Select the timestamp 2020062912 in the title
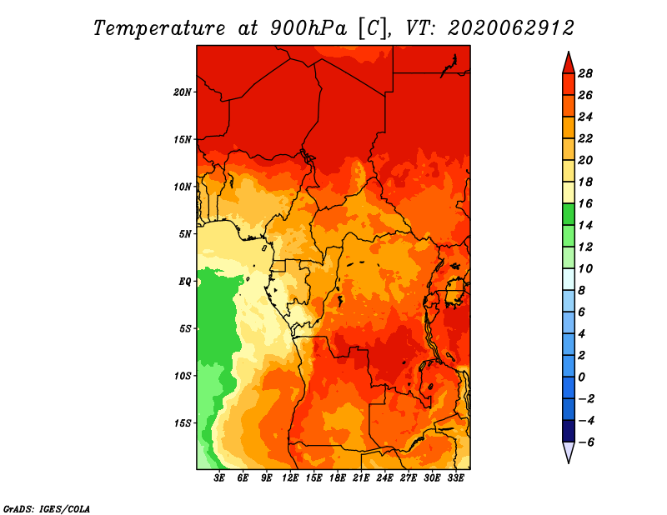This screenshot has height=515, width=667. click(511, 27)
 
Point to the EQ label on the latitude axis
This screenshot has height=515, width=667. click(185, 281)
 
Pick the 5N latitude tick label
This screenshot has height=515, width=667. click(186, 233)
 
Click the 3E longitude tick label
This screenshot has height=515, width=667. click(220, 478)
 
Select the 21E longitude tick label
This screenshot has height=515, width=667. click(362, 478)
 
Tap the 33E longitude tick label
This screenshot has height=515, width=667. click(456, 478)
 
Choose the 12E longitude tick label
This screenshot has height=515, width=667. click(291, 478)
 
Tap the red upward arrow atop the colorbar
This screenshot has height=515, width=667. click(569, 62)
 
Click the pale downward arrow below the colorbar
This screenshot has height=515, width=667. click(569, 452)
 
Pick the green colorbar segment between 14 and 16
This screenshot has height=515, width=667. click(569, 214)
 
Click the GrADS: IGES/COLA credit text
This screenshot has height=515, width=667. click(46, 507)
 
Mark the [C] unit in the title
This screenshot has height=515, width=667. click(372, 27)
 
